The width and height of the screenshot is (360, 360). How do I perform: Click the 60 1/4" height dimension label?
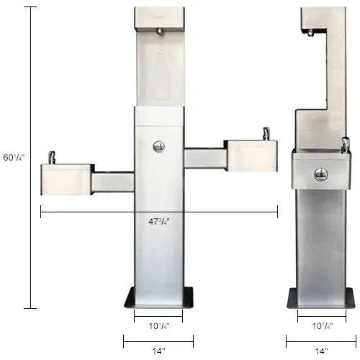13,157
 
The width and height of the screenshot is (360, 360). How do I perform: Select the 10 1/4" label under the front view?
158,325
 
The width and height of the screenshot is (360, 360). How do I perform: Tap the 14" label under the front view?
158,351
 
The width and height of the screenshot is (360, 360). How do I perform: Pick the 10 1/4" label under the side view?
321,325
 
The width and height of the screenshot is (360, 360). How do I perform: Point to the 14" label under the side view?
321,351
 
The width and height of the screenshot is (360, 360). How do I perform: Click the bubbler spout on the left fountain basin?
52,157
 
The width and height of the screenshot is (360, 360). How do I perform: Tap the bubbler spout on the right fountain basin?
266,133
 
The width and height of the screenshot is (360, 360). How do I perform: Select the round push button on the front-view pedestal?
158,146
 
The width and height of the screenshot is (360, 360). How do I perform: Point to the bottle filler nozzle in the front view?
159,31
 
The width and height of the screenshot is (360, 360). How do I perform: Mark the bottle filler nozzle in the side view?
309,32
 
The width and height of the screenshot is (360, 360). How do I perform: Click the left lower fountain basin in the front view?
66,179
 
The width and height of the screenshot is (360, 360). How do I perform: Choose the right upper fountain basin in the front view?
251,155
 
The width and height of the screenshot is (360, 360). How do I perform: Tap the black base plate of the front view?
158,297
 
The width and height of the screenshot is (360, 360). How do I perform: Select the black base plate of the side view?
321,297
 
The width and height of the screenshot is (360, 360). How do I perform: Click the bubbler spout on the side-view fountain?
345,145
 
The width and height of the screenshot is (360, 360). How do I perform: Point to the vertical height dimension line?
30,157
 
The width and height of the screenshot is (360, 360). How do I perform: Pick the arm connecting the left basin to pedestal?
112,181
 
